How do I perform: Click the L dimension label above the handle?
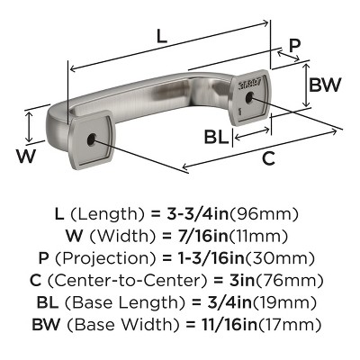point(161,37)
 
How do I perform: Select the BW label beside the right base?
point(324,86)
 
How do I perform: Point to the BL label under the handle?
point(215,137)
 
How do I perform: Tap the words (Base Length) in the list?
point(125,301)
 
